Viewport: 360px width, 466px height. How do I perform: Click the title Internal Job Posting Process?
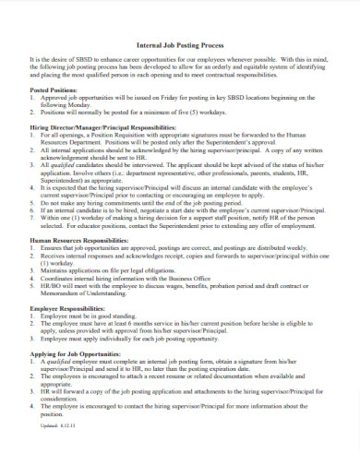(x=180, y=43)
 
